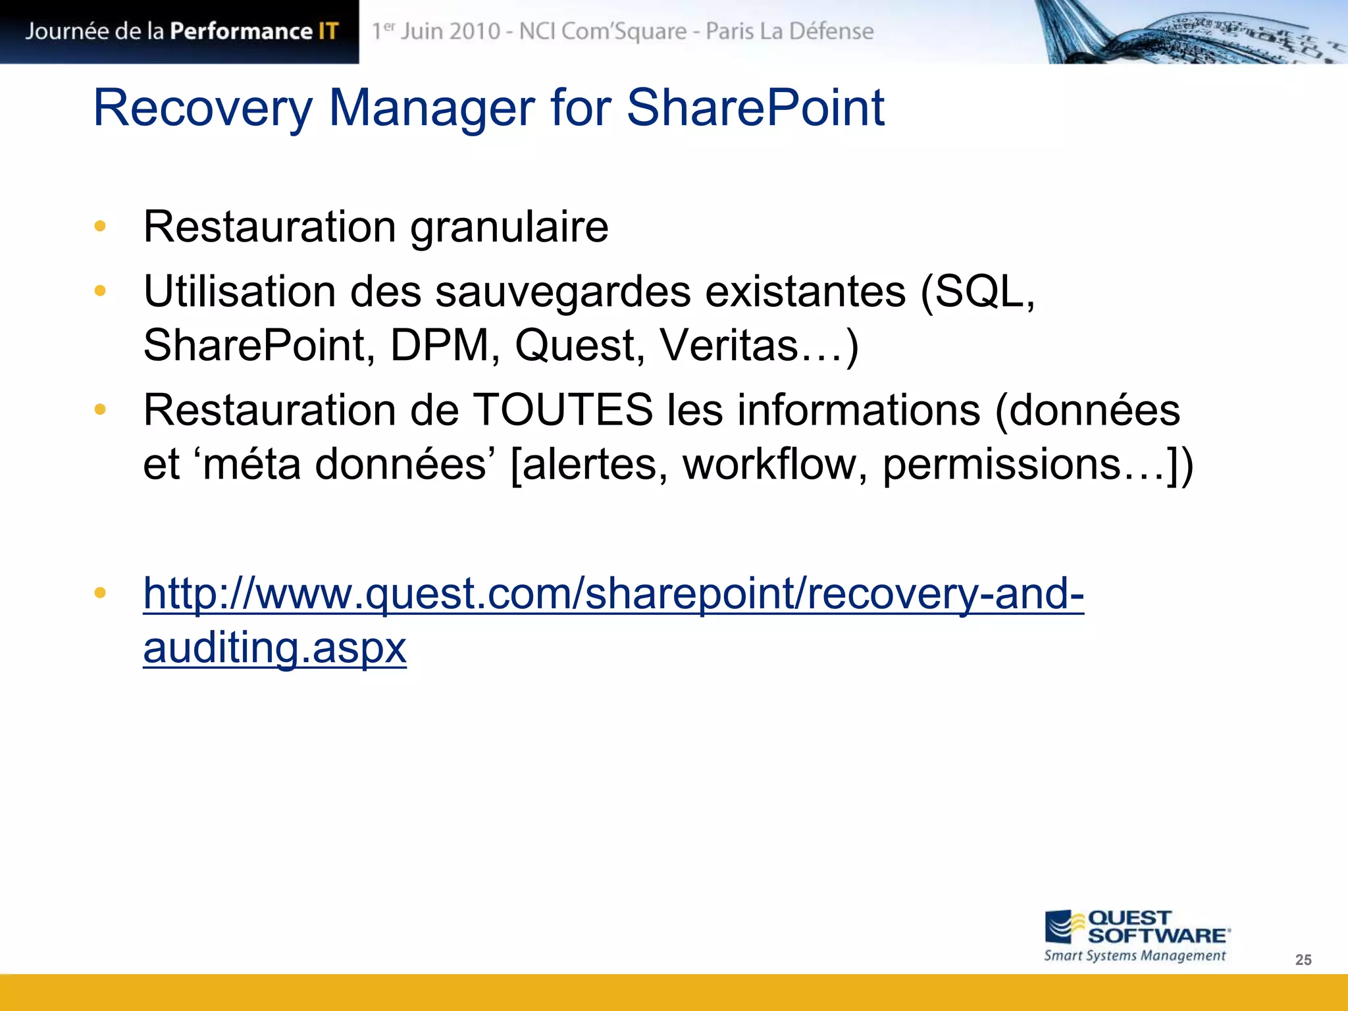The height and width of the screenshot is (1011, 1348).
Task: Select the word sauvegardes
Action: [563, 292]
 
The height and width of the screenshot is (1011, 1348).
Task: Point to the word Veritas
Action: [729, 346]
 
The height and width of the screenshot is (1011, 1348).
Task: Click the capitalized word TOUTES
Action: [563, 410]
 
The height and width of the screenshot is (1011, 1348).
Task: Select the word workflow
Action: [775, 464]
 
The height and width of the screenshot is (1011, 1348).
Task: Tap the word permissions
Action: [1001, 464]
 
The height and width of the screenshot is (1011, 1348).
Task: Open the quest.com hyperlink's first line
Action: [613, 594]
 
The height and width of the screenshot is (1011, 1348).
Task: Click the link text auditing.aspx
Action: [274, 648]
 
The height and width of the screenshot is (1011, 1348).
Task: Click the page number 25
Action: [1303, 960]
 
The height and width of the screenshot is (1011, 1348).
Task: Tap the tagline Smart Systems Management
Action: [1134, 956]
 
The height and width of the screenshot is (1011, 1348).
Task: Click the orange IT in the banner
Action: [328, 31]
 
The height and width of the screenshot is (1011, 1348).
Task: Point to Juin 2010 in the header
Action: [450, 31]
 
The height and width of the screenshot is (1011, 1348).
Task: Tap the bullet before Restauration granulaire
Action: [100, 226]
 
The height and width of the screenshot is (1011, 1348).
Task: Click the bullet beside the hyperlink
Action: [100, 593]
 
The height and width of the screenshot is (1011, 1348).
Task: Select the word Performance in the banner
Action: [241, 31]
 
